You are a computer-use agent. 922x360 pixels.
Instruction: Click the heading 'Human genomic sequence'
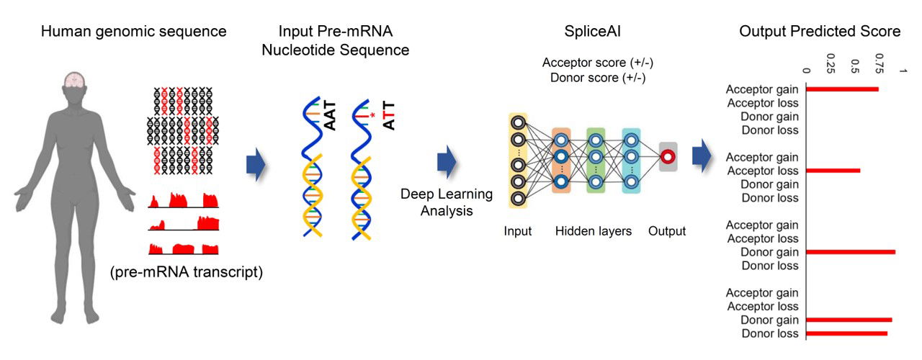(134, 32)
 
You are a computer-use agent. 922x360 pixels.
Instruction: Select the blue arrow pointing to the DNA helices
(256, 164)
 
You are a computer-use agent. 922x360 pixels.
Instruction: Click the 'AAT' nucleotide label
(331, 116)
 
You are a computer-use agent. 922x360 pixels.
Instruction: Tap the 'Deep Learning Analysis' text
(446, 203)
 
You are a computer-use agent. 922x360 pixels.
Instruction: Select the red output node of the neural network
(667, 157)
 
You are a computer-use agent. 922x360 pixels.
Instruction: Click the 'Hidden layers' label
(594, 231)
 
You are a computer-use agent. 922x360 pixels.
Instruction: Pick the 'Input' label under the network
(518, 231)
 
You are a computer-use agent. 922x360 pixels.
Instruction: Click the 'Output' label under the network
(667, 231)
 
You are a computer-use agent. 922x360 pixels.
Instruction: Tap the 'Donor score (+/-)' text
(594, 77)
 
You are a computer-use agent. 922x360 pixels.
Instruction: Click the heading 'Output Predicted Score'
(820, 32)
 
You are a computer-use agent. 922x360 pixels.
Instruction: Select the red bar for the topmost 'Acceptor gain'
(842, 89)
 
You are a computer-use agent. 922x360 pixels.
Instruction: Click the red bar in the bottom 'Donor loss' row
(846, 333)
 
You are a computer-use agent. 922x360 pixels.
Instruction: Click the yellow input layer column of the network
(518, 160)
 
